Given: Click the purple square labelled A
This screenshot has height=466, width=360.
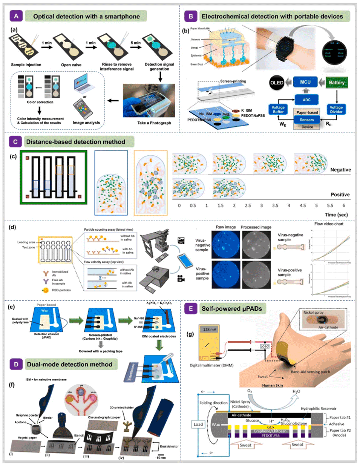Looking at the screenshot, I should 16,16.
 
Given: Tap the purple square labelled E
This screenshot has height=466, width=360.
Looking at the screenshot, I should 191,309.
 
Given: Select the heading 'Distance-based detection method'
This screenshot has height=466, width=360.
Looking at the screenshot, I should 75,142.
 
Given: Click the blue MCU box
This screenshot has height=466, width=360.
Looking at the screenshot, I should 305,82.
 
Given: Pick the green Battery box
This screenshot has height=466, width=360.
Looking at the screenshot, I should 337,83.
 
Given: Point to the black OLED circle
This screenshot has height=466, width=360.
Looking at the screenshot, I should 277,83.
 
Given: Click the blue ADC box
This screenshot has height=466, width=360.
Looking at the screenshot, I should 306,99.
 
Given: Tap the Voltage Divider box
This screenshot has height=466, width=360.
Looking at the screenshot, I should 336,109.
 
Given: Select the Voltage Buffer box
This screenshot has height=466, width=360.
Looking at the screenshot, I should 278,109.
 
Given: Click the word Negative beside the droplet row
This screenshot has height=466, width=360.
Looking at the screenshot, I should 340,170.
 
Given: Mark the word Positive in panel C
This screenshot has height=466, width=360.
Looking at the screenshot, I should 340,195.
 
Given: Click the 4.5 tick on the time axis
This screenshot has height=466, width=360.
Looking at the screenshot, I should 302,205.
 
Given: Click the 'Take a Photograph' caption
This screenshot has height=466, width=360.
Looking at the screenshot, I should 154,123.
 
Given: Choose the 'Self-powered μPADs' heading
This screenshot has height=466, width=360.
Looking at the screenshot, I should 231,309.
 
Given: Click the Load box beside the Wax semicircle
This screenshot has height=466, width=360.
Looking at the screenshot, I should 198,424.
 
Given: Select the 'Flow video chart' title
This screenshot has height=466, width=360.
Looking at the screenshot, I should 329,224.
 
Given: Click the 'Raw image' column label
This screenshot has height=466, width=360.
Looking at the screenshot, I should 225,227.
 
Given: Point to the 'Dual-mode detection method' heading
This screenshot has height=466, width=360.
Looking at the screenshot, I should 69,364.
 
